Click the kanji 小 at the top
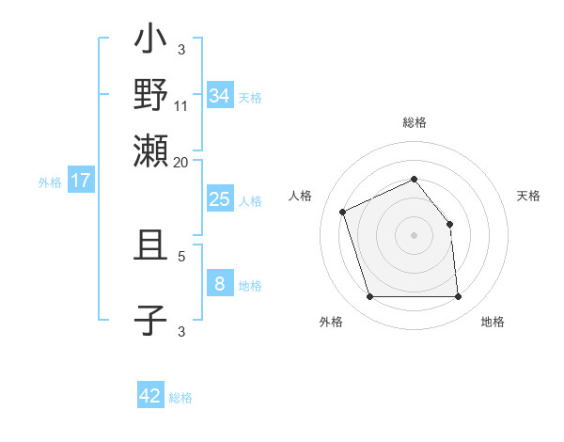coord(150,41)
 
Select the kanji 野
coord(150,94)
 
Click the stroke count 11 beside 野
coord(181,105)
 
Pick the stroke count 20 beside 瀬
coord(181,162)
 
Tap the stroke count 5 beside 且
coord(181,255)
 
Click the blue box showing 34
coord(220,96)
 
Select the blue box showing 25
coord(220,199)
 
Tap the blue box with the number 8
coord(220,284)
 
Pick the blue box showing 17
coord(81,181)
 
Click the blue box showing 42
coord(150,396)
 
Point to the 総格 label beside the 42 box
coord(180,398)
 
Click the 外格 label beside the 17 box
coord(50,182)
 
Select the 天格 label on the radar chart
coord(528,196)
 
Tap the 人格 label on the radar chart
coord(301,196)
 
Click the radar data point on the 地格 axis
coord(458,297)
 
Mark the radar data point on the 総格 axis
coord(415,179)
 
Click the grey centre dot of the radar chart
coord(415,235)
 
